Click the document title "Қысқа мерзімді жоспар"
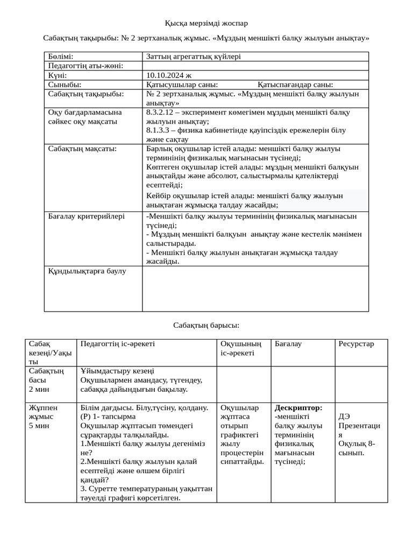coord(206,23)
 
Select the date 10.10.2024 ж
coord(168,75)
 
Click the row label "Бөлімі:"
coord(60,56)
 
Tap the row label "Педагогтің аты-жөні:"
coord(86,66)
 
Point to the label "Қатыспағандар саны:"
coord(295,84)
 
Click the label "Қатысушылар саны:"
coord(182,84)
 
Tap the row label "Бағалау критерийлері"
coord(86,216)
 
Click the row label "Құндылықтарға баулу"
coord(87,271)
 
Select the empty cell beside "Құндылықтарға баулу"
coord(255,288)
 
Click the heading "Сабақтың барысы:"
coord(206,325)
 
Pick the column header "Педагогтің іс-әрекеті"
coord(117,344)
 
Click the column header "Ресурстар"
coord(355,344)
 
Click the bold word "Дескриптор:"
coord(298,408)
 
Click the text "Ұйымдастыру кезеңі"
coord(117,371)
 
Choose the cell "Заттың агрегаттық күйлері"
coord(193,56)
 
